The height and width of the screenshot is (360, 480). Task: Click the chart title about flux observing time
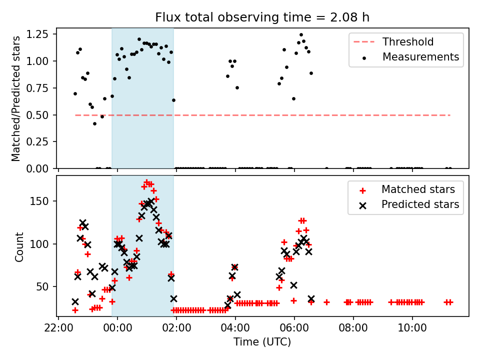262,17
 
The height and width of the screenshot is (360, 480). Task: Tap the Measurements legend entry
420,57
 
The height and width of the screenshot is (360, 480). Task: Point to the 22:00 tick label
58,329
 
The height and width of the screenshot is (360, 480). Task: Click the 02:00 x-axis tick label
176,329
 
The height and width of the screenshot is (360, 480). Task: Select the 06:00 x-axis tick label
294,329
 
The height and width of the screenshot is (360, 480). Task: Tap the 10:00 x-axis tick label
412,329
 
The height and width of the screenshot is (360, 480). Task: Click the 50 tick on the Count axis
46,286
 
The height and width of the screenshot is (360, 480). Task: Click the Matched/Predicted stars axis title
16,98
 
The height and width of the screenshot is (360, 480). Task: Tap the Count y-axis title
19,246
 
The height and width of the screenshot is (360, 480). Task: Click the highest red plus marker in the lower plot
146,182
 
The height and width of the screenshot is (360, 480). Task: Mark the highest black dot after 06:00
301,35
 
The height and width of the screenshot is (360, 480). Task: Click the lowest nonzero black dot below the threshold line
94,123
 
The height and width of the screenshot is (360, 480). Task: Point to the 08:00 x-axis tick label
353,329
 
